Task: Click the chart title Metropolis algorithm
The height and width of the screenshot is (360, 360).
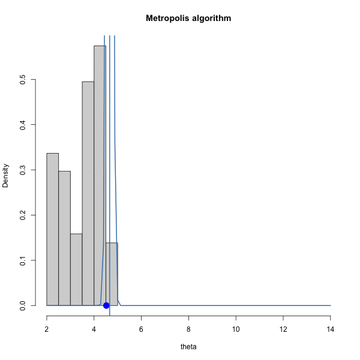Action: (x=188, y=19)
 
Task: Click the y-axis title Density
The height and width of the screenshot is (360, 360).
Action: (x=6, y=175)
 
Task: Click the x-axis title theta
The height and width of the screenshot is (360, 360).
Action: (x=188, y=346)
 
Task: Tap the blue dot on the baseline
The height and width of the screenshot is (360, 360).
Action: (x=106, y=305)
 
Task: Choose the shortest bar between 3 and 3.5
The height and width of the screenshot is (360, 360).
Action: (x=76, y=269)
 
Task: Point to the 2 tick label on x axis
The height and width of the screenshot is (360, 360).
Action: (x=47, y=329)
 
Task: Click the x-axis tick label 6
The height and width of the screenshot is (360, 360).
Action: (x=141, y=329)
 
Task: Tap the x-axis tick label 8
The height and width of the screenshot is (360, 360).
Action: (x=188, y=329)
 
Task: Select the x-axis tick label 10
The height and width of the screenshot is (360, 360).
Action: (x=236, y=329)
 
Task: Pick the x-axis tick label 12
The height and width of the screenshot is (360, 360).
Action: (x=283, y=329)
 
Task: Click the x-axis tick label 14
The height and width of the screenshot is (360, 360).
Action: (x=330, y=329)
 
